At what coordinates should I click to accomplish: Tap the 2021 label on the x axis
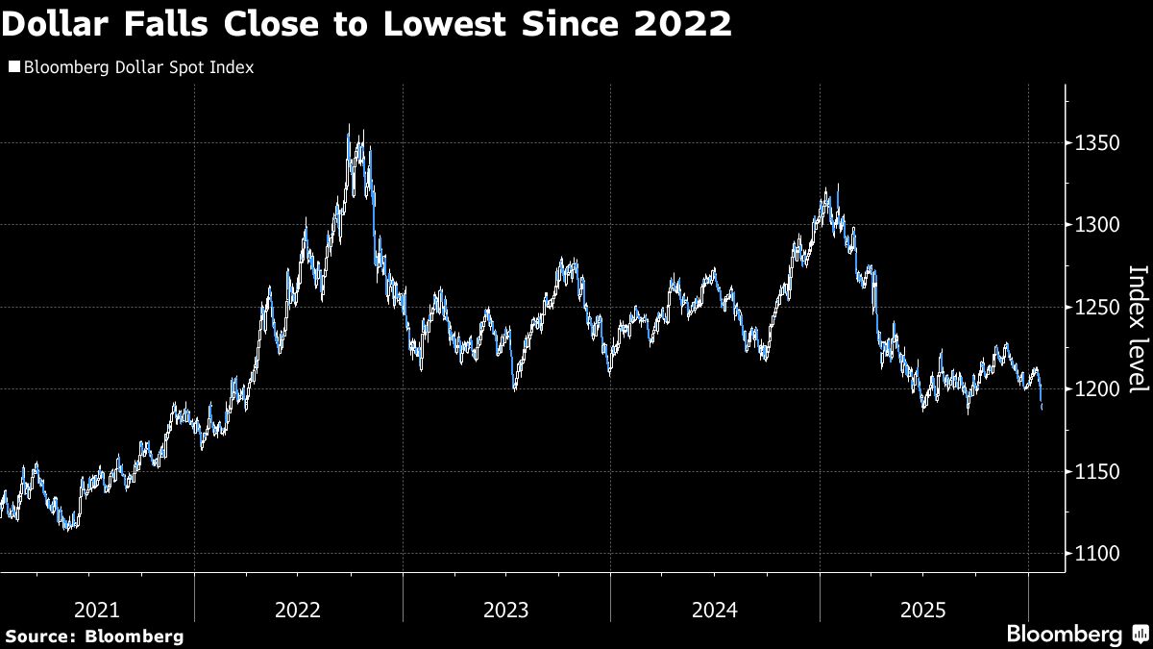coord(97,610)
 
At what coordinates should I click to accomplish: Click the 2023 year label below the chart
coord(506,610)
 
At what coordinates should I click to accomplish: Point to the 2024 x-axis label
coord(714,610)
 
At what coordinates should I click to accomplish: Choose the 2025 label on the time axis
coord(922,610)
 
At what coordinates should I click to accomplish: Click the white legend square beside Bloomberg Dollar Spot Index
coord(12,68)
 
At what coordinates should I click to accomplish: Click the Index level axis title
coord(1137,328)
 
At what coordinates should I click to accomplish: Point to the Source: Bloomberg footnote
coord(93,636)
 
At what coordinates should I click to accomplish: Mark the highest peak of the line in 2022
coord(348,126)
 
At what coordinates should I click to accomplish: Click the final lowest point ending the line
coord(1043,409)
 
